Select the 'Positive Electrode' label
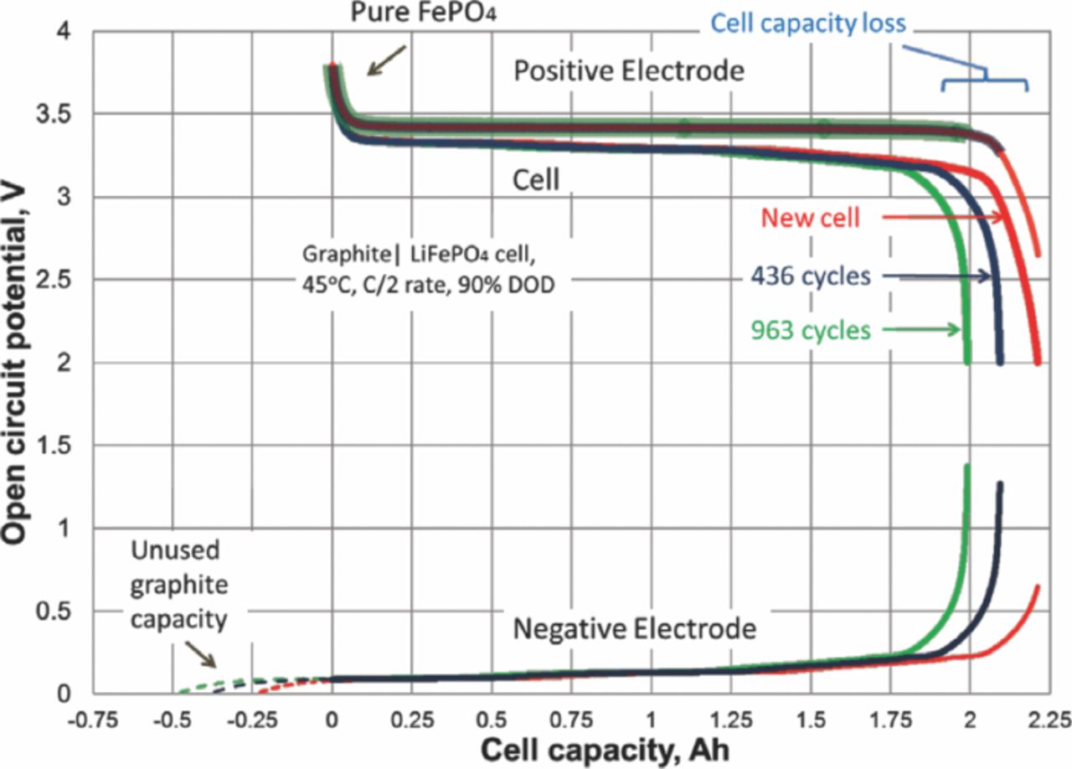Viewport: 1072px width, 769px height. (629, 71)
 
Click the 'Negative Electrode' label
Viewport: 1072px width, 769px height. (636, 627)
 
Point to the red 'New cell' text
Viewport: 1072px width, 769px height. (811, 217)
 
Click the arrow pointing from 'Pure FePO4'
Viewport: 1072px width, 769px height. (386, 61)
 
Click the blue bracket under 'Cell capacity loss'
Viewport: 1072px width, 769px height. (985, 80)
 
